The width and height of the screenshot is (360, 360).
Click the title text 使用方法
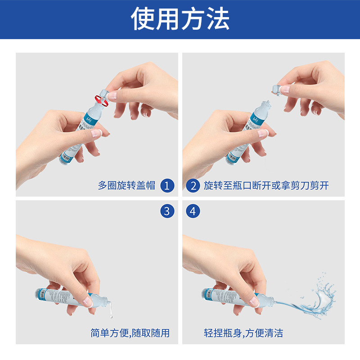(x=180, y=19)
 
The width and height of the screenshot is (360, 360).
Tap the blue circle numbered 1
(x=167, y=185)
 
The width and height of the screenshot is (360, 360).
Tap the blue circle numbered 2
(x=193, y=185)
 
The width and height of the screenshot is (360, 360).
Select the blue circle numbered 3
(x=167, y=211)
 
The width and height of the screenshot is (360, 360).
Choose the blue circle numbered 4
(x=193, y=211)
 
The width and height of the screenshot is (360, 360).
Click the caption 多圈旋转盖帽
(x=126, y=185)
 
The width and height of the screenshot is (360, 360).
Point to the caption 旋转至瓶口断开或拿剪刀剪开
(x=266, y=185)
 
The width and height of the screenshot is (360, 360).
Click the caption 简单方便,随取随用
(x=130, y=333)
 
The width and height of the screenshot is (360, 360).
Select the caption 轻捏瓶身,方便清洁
(x=243, y=333)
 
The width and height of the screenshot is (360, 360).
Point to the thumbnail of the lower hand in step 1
(x=96, y=133)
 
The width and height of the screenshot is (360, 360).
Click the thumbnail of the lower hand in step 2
(x=262, y=133)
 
